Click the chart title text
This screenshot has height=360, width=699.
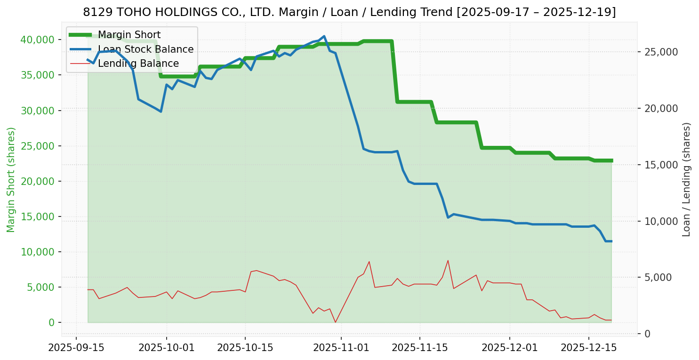(349, 12)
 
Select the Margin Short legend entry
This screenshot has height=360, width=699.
(129, 35)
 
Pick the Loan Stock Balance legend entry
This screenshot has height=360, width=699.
(145, 49)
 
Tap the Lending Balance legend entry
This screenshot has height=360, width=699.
(138, 64)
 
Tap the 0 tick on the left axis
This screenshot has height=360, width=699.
(52, 322)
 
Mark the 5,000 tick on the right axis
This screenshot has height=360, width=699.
(657, 277)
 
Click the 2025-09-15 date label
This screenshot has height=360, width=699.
(76, 348)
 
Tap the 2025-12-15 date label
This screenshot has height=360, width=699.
(588, 348)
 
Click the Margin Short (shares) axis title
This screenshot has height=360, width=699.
(11, 179)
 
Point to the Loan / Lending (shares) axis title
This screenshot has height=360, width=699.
(686, 179)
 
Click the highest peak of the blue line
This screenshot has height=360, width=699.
(324, 36)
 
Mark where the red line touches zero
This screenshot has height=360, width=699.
(335, 322)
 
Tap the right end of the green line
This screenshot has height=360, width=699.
(611, 160)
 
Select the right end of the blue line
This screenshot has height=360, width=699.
(611, 241)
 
